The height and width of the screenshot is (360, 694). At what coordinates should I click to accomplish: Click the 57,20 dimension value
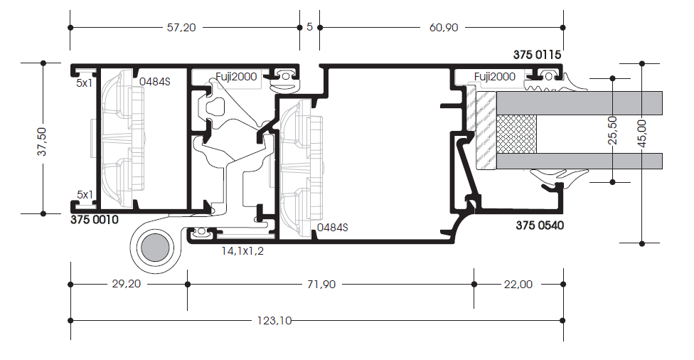pyautogui.click(x=181, y=28)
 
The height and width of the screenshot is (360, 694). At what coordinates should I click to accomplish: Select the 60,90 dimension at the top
pyautogui.click(x=444, y=28)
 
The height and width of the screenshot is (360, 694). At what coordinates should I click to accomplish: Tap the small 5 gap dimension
pyautogui.click(x=309, y=27)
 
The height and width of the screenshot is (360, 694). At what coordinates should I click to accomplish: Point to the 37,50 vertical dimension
pyautogui.click(x=42, y=142)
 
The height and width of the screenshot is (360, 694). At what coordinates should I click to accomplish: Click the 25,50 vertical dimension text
pyautogui.click(x=612, y=130)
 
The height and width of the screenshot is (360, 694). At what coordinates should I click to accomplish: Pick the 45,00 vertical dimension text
pyautogui.click(x=642, y=133)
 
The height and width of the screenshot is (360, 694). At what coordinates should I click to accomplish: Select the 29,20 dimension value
pyautogui.click(x=126, y=284)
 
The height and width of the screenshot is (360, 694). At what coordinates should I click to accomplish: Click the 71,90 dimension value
pyautogui.click(x=321, y=285)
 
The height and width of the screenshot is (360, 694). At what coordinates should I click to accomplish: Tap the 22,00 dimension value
pyautogui.click(x=518, y=285)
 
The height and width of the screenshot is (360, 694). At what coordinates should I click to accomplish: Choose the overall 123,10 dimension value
pyautogui.click(x=274, y=321)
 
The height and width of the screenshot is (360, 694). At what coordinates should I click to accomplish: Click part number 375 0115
pyautogui.click(x=537, y=55)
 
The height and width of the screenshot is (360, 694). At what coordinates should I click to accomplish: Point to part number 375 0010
pyautogui.click(x=95, y=220)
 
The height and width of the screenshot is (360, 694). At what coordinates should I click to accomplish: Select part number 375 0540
pyautogui.click(x=540, y=226)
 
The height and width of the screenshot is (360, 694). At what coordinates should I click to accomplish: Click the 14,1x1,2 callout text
pyautogui.click(x=242, y=251)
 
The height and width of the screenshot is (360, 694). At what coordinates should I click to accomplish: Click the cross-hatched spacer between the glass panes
pyautogui.click(x=516, y=134)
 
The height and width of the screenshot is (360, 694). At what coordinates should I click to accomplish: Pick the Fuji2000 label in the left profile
pyautogui.click(x=236, y=77)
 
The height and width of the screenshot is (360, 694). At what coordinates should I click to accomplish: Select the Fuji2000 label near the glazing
pyautogui.click(x=494, y=77)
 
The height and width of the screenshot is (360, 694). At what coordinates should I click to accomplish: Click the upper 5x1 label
pyautogui.click(x=85, y=83)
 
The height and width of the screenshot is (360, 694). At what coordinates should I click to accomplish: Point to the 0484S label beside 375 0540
pyautogui.click(x=332, y=228)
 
